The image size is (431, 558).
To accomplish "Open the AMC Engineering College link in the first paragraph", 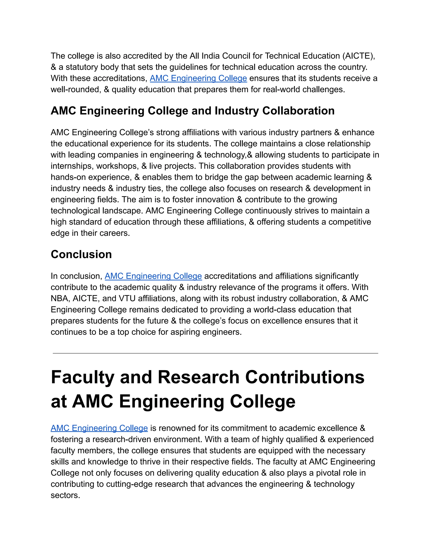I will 198,78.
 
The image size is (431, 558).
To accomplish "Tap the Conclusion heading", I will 81,255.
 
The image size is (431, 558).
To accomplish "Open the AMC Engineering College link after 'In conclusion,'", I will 153,276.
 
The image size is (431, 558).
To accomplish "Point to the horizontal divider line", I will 215,353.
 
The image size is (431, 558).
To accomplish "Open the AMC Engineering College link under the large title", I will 99,428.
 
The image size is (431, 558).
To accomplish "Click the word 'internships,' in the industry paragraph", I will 72,166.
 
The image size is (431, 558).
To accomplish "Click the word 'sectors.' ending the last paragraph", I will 65,495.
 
